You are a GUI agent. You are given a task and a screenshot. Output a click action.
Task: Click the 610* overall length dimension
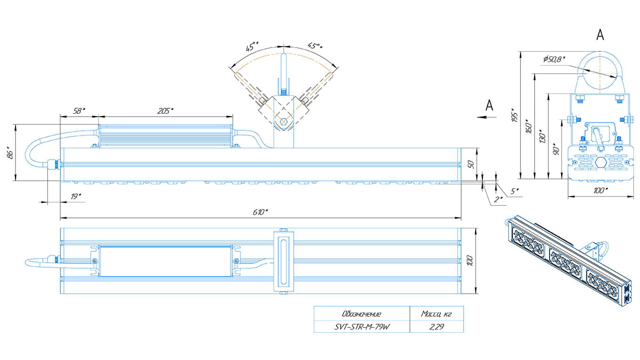pos(260,212)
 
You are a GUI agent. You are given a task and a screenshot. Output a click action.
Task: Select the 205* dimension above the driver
pos(166,111)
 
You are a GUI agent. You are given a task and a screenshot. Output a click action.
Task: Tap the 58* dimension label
pos(79,111)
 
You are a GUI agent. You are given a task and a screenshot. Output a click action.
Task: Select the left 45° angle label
pos(252,47)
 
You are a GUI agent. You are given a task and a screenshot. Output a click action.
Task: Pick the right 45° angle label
pos(315,46)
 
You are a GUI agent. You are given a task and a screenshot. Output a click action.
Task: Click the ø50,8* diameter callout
pos(554,59)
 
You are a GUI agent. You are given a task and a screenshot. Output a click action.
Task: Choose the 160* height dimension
pos(529,127)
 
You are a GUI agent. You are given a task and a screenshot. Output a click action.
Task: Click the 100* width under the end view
pos(600,190)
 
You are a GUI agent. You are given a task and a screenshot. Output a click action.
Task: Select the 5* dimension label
pos(515,191)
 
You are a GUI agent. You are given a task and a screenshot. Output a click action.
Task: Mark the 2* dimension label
pos(498,199)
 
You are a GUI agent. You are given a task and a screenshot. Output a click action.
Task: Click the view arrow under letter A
pos(485,117)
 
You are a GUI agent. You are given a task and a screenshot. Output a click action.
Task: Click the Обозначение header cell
pos(361,314)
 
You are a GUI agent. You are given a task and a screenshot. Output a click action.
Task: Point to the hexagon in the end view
pos(600,161)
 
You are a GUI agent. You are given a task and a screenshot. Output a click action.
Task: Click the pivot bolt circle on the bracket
pos(283,122)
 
